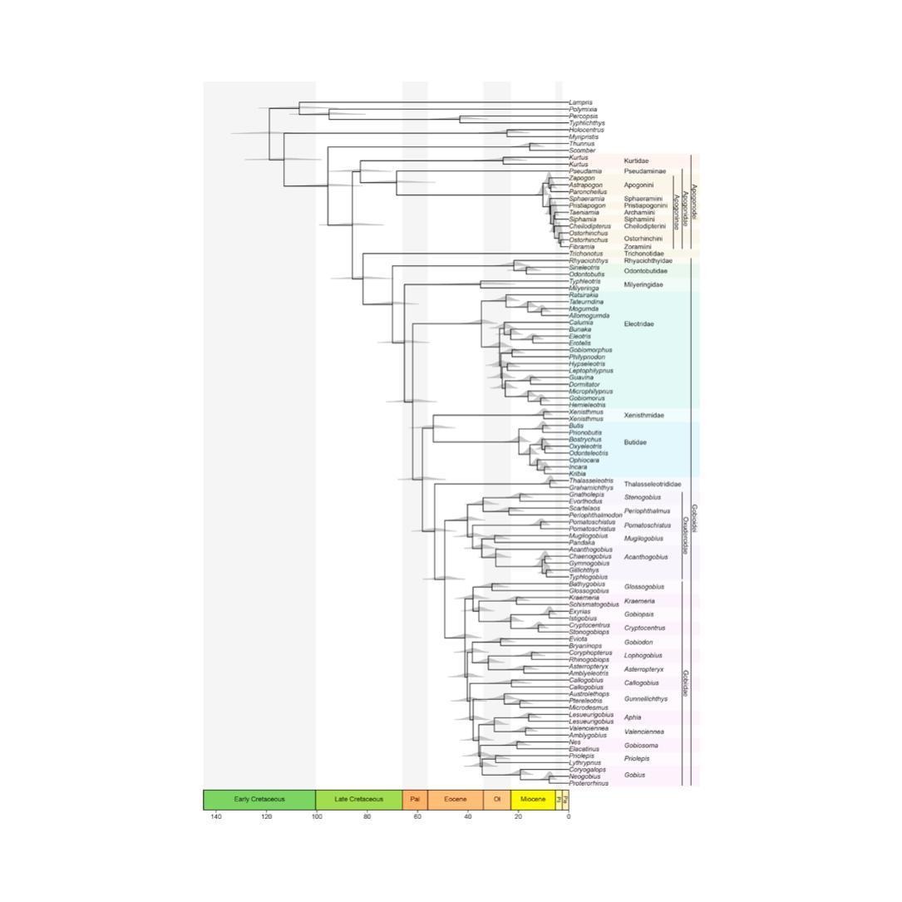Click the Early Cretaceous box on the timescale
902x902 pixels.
[x=259, y=800]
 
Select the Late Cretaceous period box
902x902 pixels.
[x=359, y=800]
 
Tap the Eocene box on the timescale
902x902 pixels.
[x=456, y=800]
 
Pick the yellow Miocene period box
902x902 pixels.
[x=533, y=800]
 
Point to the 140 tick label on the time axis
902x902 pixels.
[x=216, y=816]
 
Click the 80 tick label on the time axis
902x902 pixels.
[x=367, y=816]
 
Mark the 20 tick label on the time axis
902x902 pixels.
[x=518, y=816]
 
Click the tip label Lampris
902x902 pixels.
[x=581, y=102]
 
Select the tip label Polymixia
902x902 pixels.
[x=583, y=110]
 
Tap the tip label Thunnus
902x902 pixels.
[x=582, y=144]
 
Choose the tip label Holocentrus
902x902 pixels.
[x=586, y=130]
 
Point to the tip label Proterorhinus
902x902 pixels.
[x=589, y=784]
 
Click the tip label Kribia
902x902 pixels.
[x=578, y=474]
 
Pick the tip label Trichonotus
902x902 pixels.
[x=586, y=254]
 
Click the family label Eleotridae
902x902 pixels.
[x=638, y=324]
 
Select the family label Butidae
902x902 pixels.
[x=635, y=442]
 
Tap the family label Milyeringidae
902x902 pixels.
[x=643, y=285]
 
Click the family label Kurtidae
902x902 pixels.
[x=636, y=161]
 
